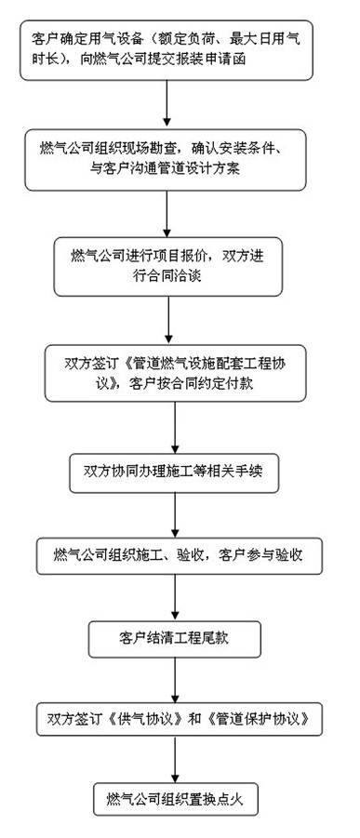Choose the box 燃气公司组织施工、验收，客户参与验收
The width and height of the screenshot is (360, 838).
[x=178, y=557]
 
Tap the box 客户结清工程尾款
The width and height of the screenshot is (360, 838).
[x=176, y=637]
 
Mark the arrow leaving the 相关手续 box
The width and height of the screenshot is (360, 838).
[x=175, y=514]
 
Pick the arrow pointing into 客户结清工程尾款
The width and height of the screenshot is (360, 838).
[x=175, y=597]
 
